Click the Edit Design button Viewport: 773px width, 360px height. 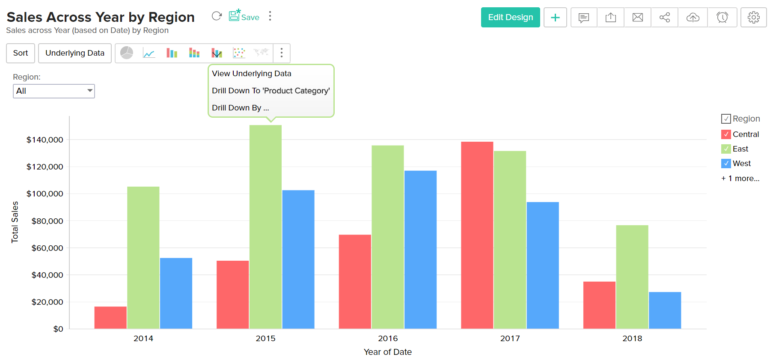point(510,18)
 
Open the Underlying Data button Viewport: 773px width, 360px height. point(75,53)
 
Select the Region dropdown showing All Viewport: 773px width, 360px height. point(54,91)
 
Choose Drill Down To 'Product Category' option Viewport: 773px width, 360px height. point(271,91)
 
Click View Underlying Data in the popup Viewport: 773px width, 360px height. point(252,74)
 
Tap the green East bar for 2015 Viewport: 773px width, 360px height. point(265,227)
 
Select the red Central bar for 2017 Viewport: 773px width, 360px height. point(477,235)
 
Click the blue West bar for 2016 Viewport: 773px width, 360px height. point(420,250)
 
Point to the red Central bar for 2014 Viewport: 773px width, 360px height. point(110,318)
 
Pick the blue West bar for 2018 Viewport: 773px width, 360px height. point(665,310)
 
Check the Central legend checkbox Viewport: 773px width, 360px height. point(726,134)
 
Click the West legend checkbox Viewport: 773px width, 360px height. point(726,164)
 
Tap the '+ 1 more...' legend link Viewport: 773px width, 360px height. point(740,179)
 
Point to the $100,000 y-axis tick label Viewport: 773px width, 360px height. point(45,194)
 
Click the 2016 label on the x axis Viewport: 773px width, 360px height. point(388,339)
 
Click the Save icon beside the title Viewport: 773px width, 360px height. point(244,16)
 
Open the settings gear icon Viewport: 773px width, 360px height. point(753,18)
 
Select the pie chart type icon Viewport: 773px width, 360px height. point(127,53)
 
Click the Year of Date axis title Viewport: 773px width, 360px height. point(388,352)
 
